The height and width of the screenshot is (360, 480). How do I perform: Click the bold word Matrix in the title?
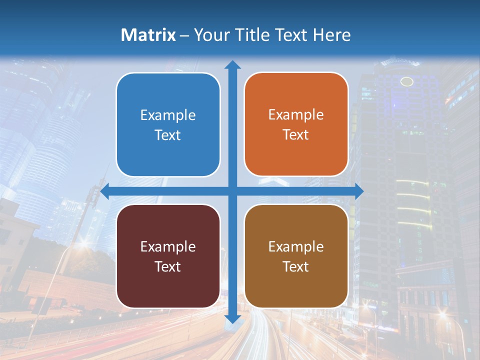(x=148, y=35)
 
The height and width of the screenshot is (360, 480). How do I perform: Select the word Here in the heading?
(x=332, y=35)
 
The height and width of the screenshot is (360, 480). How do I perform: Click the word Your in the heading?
(x=210, y=35)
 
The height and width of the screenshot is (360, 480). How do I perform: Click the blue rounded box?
(x=168, y=124)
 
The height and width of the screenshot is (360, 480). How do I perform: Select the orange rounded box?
(x=296, y=124)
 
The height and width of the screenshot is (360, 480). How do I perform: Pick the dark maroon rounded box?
(x=168, y=256)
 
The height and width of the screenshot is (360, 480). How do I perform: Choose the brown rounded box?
(x=296, y=256)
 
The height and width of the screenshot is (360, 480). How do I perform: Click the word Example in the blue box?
(x=168, y=115)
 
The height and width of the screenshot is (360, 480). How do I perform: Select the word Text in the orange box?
(x=296, y=135)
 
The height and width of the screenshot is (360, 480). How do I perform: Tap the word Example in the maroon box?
(x=168, y=246)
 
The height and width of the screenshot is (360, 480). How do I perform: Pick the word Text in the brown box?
(x=296, y=266)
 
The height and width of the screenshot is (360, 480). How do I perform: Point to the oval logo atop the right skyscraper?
(x=407, y=81)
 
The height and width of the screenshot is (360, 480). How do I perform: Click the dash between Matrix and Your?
(x=184, y=35)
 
